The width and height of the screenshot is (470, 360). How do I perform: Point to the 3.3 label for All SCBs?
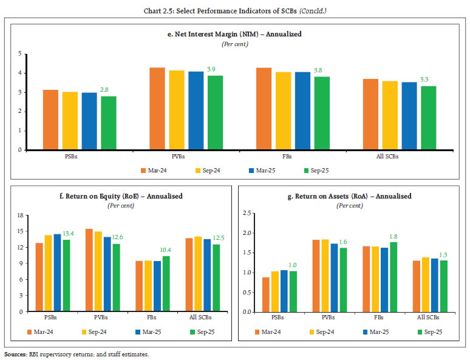tap(428, 80)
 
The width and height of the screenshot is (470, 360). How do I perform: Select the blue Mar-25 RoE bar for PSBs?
tap(57, 273)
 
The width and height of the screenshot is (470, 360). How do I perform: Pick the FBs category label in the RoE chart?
tap(160, 318)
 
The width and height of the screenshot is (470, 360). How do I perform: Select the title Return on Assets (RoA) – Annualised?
tap(350, 196)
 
